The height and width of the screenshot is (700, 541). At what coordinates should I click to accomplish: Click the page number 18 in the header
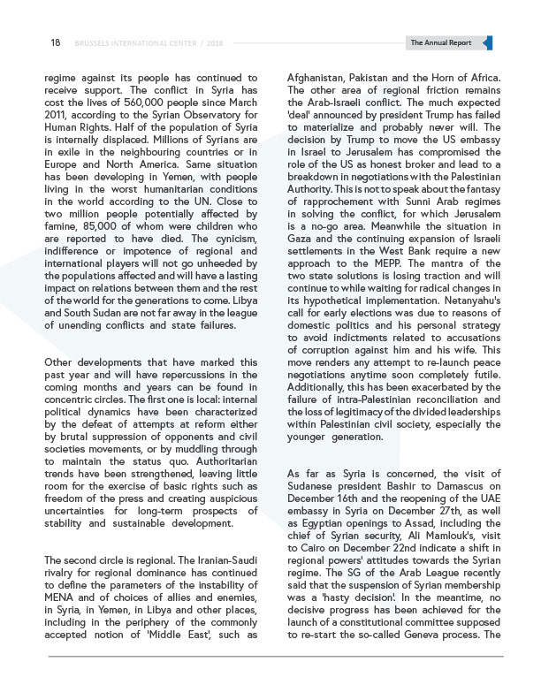pos(55,42)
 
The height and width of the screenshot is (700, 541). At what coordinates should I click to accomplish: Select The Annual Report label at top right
pos(441,42)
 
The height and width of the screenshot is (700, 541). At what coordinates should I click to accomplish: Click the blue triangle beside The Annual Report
pos(489,42)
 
